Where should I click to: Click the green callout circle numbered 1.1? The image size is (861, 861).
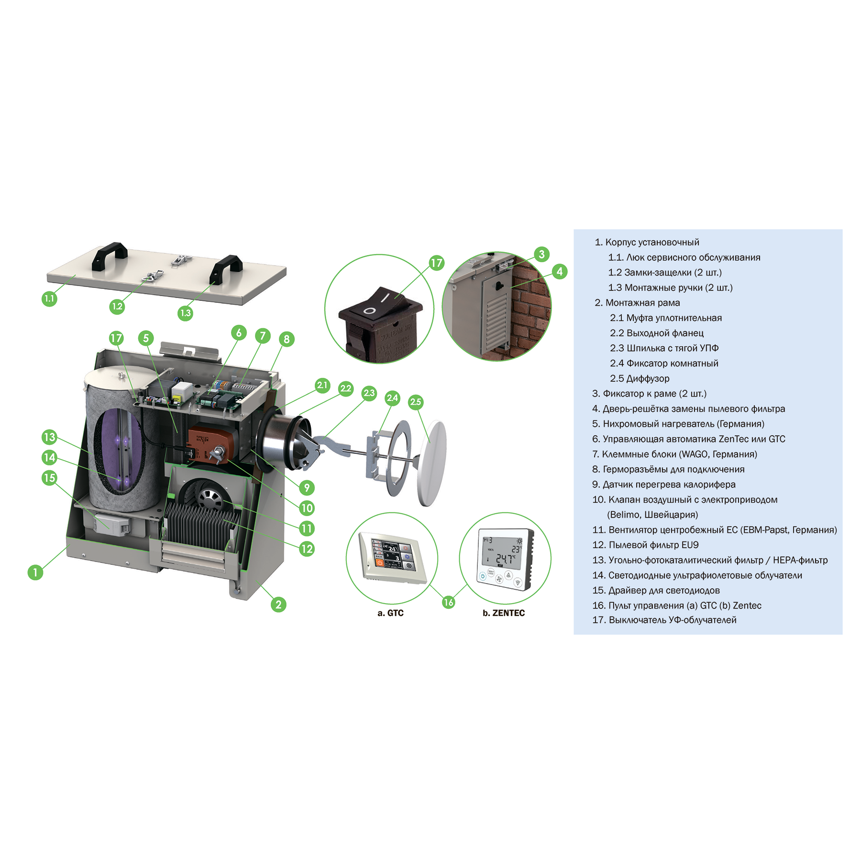(x=49, y=299)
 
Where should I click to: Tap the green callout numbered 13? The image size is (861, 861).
(x=49, y=437)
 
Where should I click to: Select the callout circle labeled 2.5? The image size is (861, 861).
(x=416, y=402)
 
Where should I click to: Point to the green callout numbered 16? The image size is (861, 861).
(x=448, y=602)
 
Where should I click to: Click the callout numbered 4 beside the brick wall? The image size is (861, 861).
(x=560, y=272)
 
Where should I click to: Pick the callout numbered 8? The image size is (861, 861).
(x=287, y=339)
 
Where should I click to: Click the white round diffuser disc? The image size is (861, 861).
(x=432, y=463)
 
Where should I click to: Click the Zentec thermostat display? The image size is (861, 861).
(x=506, y=559)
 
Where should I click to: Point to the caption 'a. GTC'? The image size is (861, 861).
(x=390, y=613)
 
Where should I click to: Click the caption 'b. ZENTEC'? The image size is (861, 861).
(x=504, y=613)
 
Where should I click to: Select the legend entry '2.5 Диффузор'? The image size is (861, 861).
(x=640, y=378)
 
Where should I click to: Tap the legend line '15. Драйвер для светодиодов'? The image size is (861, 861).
(x=656, y=590)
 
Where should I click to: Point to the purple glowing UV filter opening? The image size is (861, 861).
(x=120, y=451)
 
